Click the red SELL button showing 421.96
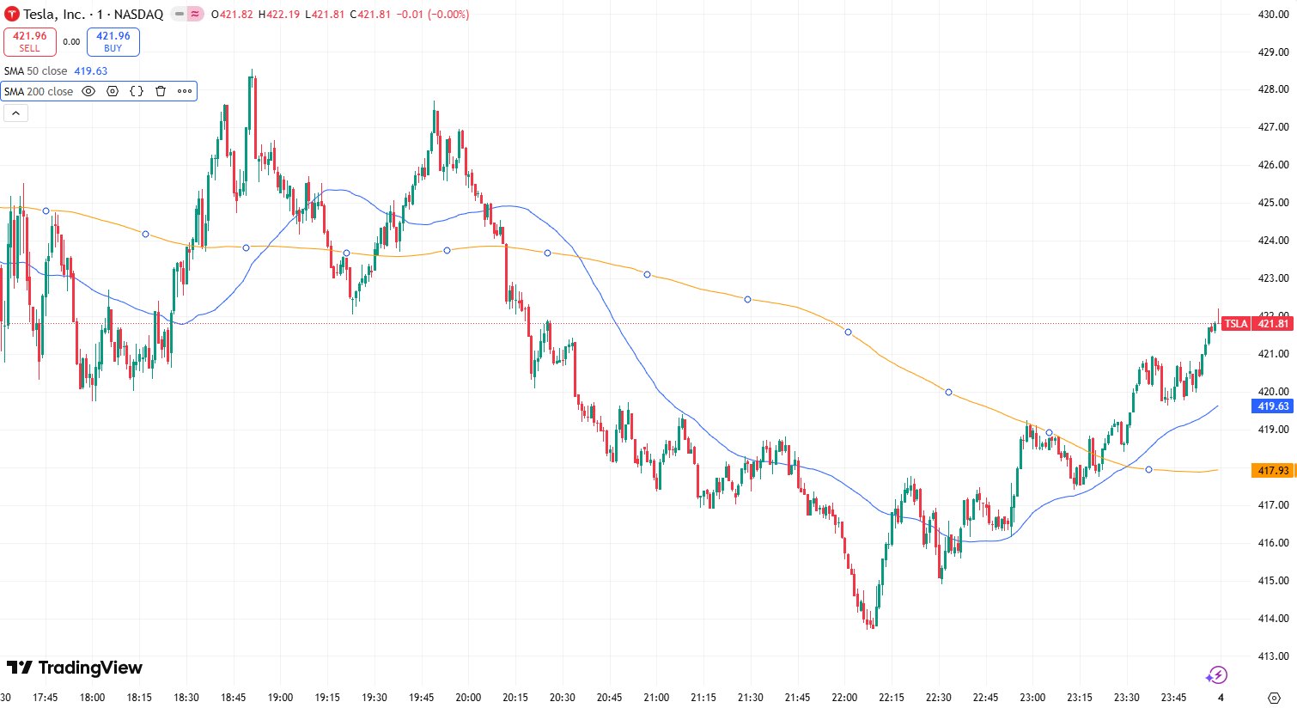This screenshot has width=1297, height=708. [x=30, y=41]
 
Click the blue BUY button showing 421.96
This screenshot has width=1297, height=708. [x=113, y=41]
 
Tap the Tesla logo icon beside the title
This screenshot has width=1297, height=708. [x=12, y=14]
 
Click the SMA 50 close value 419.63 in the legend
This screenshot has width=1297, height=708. [x=91, y=71]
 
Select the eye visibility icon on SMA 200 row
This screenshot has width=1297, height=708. [x=88, y=91]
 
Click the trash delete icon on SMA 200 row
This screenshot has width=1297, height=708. [x=161, y=91]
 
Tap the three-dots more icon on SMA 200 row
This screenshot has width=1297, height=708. [x=185, y=91]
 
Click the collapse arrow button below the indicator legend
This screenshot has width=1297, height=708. [x=15, y=113]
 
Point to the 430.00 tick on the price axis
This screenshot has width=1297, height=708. [x=1273, y=15]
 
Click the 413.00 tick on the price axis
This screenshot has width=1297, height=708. [x=1273, y=656]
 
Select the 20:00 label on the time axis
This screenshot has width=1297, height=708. [x=468, y=697]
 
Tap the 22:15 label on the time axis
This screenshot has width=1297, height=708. [x=892, y=697]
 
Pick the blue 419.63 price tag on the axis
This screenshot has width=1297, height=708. [x=1273, y=406]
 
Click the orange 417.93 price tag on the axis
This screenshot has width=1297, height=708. [x=1273, y=471]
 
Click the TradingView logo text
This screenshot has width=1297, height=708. [x=75, y=668]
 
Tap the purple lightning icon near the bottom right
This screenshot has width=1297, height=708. [x=1216, y=674]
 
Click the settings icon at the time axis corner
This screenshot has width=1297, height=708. [x=1275, y=697]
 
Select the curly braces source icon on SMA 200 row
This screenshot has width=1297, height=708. [x=137, y=91]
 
